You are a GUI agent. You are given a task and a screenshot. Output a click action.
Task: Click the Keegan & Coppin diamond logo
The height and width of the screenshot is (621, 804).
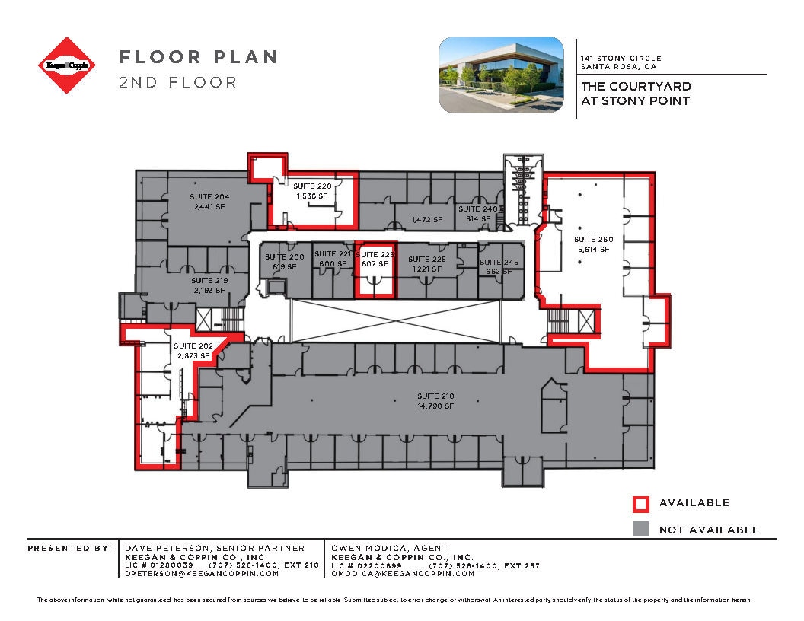[x=69, y=65]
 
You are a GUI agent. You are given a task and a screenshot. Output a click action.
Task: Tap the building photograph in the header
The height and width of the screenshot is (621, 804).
[x=502, y=75]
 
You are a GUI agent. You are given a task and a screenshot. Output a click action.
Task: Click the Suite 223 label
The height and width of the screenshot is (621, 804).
[x=375, y=255]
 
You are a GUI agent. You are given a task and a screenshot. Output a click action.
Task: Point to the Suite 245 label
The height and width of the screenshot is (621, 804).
[x=499, y=263]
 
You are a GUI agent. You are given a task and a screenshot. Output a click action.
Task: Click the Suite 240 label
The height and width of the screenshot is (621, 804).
[x=477, y=209]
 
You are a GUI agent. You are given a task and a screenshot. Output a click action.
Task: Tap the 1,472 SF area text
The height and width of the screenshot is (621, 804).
[x=426, y=220]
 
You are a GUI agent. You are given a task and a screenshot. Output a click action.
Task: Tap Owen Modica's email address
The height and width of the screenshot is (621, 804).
[x=403, y=574]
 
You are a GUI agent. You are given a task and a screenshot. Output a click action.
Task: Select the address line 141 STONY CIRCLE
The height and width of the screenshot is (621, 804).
[x=621, y=59]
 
